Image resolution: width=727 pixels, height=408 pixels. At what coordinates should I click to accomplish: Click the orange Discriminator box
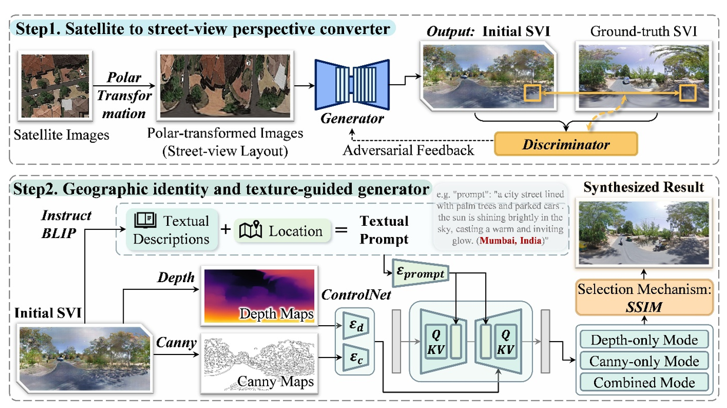point(566,144)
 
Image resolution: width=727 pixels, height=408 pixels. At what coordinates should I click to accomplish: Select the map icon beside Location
point(250,230)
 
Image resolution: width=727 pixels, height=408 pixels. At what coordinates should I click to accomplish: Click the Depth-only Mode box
point(643,340)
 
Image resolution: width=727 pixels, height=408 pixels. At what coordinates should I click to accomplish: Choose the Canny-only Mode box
point(643,361)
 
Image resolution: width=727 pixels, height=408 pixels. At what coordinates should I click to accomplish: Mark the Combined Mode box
point(643,382)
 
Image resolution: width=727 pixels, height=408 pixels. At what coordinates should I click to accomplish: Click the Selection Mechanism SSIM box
point(643,297)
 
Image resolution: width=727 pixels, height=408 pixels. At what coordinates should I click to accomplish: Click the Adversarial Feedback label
point(408,150)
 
